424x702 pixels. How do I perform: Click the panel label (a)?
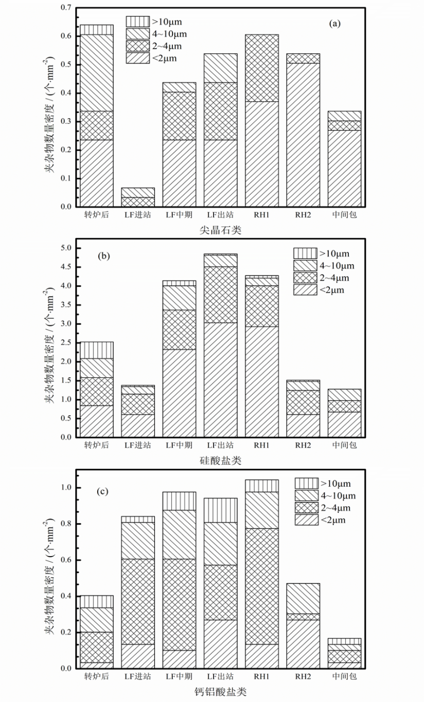pyautogui.click(x=335, y=23)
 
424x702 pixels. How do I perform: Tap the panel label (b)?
pyautogui.click(x=105, y=255)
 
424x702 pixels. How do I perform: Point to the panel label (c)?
pyautogui.click(x=103, y=491)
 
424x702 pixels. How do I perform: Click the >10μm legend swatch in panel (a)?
pyautogui.click(x=136, y=22)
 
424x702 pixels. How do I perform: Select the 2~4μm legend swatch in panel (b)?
pyautogui.click(x=304, y=278)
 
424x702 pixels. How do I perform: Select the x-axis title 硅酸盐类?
pyautogui.click(x=220, y=461)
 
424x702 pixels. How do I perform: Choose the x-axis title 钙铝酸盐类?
pyautogui.click(x=220, y=692)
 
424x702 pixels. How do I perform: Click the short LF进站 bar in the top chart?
pyautogui.click(x=138, y=197)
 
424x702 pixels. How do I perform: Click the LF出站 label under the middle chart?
pyautogui.click(x=220, y=445)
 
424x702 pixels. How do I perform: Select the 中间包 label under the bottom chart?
pyautogui.click(x=344, y=676)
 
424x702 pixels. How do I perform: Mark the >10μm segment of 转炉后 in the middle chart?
pyautogui.click(x=97, y=350)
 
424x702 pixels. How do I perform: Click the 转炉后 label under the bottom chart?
pyautogui.click(x=97, y=676)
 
